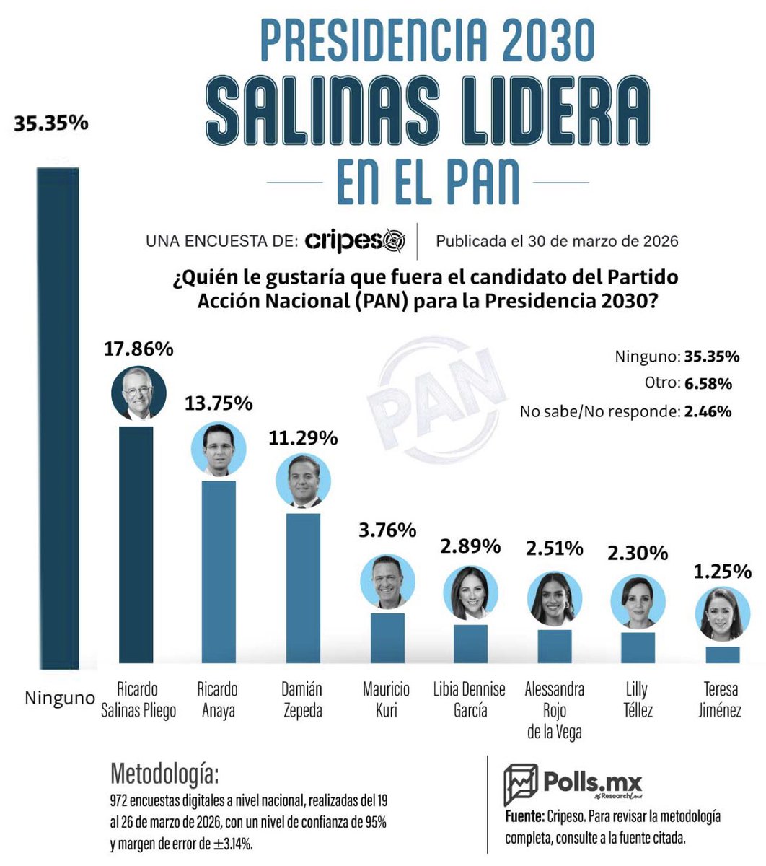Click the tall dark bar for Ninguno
tap(58, 419)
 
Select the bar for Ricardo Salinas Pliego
tap(136, 545)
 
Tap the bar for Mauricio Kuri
tap(387, 638)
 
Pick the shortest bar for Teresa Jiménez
tap(722, 655)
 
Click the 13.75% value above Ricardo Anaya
tap(219, 403)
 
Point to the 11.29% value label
tap(304, 438)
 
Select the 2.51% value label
tap(554, 548)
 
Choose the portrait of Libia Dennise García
tap(470, 593)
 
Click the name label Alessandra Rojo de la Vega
tap(554, 710)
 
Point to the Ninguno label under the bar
tap(60, 699)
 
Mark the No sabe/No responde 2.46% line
tap(625, 411)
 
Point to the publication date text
tap(557, 241)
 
